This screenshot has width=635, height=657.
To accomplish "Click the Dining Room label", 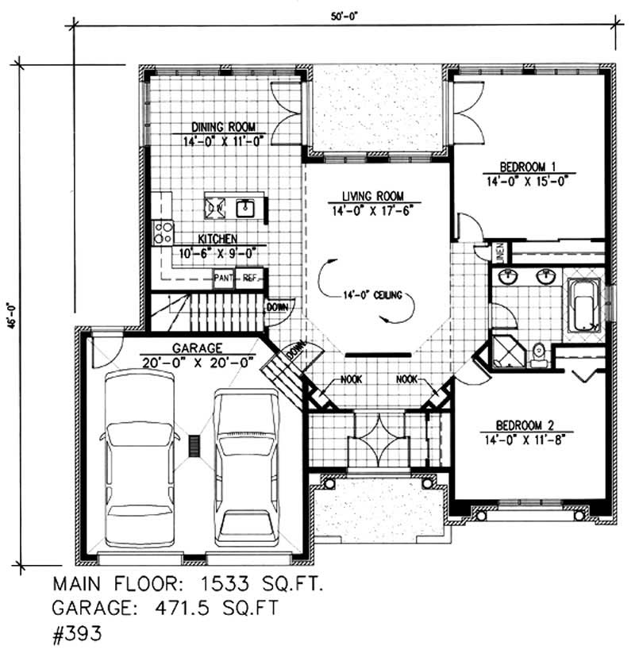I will point(222,126).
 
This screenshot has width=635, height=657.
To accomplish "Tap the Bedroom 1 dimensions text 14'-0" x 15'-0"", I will point(531,179).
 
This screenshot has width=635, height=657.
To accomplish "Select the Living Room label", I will point(373,196).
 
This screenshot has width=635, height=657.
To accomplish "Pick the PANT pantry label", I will point(222,278).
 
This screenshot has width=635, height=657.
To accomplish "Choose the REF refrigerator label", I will point(249,278).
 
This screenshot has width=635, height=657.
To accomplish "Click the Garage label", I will point(195,348).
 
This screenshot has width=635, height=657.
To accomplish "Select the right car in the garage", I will point(247,466).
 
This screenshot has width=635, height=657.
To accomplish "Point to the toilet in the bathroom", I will point(539,354).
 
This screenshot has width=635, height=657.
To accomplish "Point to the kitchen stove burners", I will point(164,232).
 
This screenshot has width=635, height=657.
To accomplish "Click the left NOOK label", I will point(351,380).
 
